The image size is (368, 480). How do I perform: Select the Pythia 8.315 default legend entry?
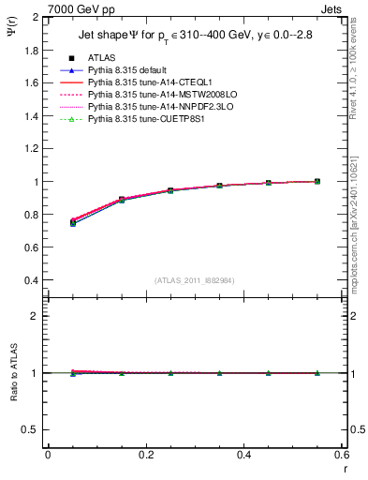click(x=131, y=70)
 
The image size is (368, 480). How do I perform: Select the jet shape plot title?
click(x=196, y=37)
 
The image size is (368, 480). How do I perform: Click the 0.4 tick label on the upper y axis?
click(x=31, y=280)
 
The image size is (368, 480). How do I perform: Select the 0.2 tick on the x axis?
click(x=145, y=455)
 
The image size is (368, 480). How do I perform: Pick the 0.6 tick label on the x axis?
click(x=342, y=455)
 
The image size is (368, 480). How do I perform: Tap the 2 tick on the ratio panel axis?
click(x=35, y=316)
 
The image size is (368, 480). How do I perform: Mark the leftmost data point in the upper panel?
click(x=73, y=223)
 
